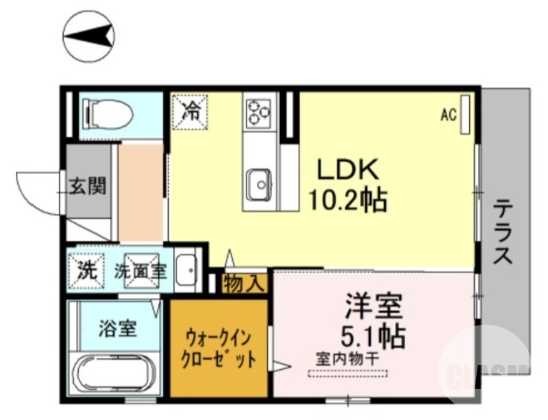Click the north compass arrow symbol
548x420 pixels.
(x=88, y=36)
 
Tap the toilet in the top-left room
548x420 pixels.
(x=107, y=113)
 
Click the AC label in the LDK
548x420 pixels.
(x=448, y=116)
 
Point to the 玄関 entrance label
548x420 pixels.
(x=88, y=185)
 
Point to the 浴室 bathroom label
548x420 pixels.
(x=116, y=328)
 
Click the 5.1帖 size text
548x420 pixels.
(x=374, y=336)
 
